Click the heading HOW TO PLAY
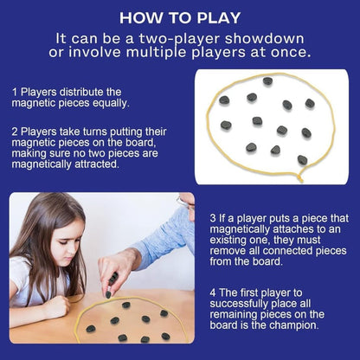pos(180,16)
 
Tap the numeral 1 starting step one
pos(14,91)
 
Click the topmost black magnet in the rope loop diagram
pos(267,81)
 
